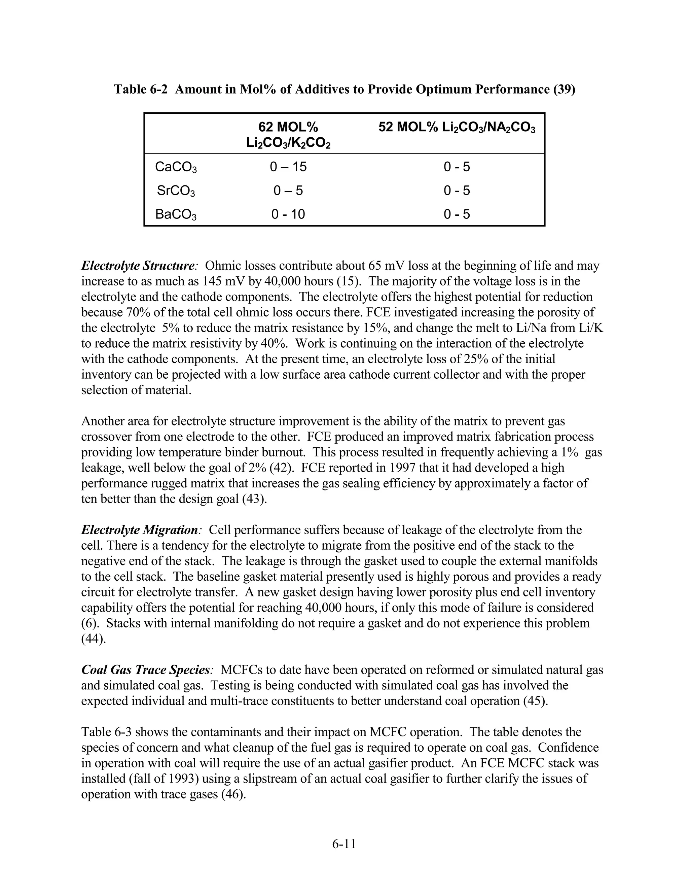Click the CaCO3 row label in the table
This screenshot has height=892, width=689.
[176, 167]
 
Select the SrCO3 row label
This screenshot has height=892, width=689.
[176, 191]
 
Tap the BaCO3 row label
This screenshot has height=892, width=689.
[176, 214]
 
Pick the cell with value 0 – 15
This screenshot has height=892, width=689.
[288, 167]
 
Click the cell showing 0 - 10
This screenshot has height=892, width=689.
[288, 214]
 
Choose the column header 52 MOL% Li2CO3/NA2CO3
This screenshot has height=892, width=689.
[457, 128]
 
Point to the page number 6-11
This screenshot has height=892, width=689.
[344, 844]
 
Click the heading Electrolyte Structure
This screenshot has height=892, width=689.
[138, 266]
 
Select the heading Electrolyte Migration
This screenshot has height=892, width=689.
[139, 530]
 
